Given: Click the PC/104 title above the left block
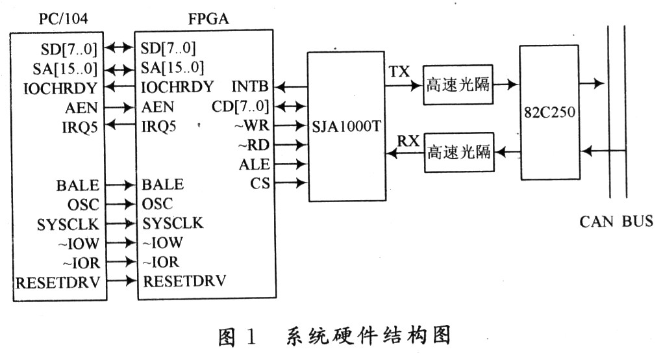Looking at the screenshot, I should click(59, 19).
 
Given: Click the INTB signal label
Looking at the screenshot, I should click(250, 86).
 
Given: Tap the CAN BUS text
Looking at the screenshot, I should click(616, 222).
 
